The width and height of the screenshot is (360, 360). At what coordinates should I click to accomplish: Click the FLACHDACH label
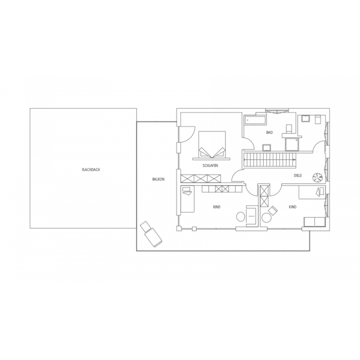91,170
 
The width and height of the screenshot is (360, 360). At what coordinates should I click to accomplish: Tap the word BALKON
158,179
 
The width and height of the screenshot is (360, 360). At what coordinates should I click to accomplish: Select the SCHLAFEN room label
210,165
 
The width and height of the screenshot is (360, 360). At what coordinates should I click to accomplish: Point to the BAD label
269,132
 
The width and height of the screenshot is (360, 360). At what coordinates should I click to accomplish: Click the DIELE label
298,175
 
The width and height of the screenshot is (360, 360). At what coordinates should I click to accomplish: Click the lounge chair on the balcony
151,234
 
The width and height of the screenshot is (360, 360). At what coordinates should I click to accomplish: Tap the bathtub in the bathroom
255,120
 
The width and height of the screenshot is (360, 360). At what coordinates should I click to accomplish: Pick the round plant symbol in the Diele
317,177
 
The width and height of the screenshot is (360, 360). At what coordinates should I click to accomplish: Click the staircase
269,160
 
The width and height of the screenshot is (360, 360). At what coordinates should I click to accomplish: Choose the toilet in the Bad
289,129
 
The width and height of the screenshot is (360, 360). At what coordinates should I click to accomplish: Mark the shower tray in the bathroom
292,144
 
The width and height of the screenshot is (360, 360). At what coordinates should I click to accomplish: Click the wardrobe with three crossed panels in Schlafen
200,178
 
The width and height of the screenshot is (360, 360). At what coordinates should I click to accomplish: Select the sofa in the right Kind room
314,222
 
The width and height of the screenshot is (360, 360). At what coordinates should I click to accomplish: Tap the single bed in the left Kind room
188,199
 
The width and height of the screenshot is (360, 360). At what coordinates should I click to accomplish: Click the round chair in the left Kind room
241,216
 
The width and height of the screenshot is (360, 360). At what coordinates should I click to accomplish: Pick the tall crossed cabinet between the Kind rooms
264,196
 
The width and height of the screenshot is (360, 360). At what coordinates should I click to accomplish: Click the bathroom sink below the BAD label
266,147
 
